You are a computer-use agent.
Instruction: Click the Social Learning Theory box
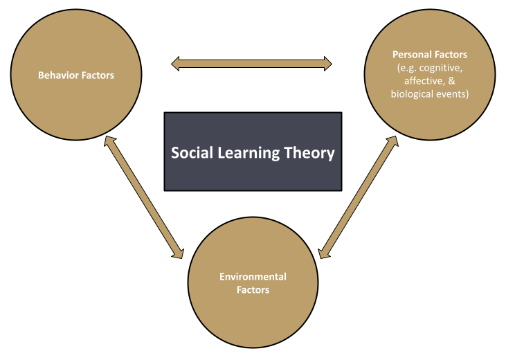[253, 173]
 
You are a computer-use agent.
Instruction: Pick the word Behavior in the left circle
[57, 75]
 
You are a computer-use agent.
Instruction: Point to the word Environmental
[253, 277]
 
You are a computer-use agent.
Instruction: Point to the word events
[455, 94]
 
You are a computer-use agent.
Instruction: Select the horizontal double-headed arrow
[251, 64]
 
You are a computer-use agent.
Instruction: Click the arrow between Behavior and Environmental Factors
[143, 197]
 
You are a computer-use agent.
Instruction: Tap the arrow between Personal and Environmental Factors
[359, 197]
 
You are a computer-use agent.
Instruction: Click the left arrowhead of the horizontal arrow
[177, 64]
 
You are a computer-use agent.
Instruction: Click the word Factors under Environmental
[253, 290]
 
